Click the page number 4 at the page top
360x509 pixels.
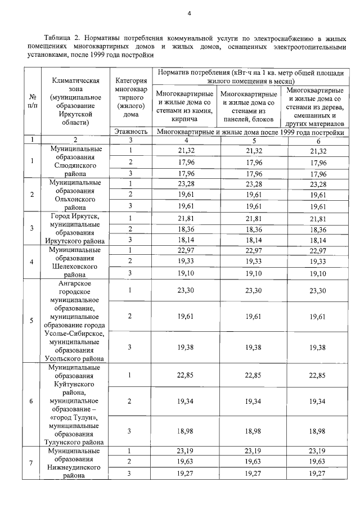click(190, 13)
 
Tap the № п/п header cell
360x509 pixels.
click(32, 101)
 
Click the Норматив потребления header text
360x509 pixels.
click(250, 77)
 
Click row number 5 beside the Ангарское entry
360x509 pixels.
click(32, 321)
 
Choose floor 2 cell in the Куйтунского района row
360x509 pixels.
click(130, 402)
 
